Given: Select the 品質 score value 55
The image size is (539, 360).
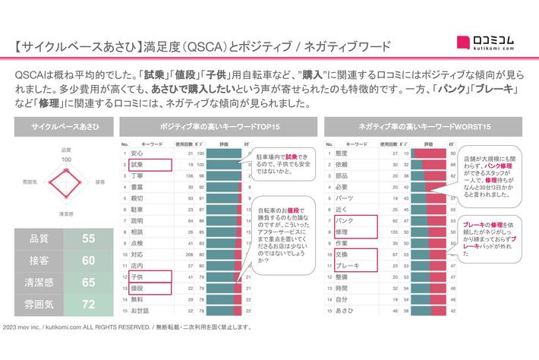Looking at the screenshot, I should pos(89,238).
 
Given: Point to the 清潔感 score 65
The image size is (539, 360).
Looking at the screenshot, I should pos(89,283).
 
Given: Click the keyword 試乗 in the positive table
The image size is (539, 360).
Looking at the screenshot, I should pos(138,164).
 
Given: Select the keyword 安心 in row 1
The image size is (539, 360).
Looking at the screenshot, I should pos(137,153).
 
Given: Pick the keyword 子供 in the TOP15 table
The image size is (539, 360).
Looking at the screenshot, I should pos(137,277).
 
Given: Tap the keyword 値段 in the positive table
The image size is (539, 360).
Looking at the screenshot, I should pos(137,289).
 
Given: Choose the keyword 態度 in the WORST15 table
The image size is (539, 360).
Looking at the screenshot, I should pos(341,153).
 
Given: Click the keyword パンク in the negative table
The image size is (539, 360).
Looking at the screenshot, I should pos(344,220).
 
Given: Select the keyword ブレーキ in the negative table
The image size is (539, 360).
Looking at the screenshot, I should pos(347,266).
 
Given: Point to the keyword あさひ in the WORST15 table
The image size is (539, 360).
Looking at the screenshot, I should pos(344,311).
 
